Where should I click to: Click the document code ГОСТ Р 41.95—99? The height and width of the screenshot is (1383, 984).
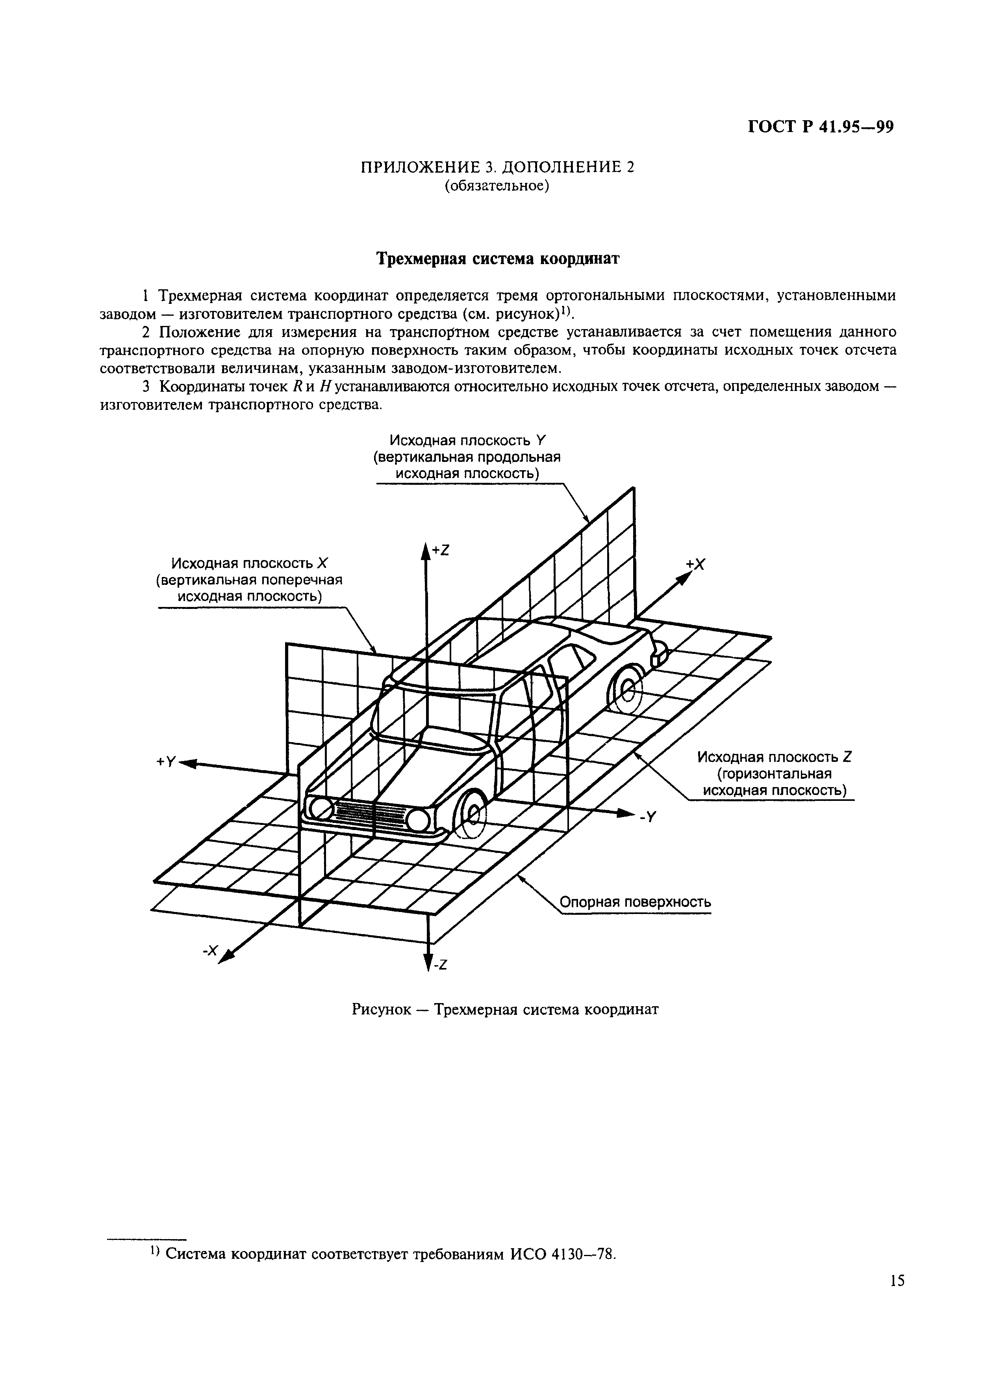tap(821, 127)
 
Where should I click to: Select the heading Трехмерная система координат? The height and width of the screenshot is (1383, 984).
tap(498, 259)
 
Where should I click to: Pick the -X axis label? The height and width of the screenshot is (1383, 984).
tap(209, 951)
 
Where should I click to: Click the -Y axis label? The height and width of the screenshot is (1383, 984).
tap(647, 817)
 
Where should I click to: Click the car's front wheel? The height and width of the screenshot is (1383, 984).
tap(471, 813)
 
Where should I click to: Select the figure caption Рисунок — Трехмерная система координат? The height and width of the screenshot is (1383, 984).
tap(505, 1009)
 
